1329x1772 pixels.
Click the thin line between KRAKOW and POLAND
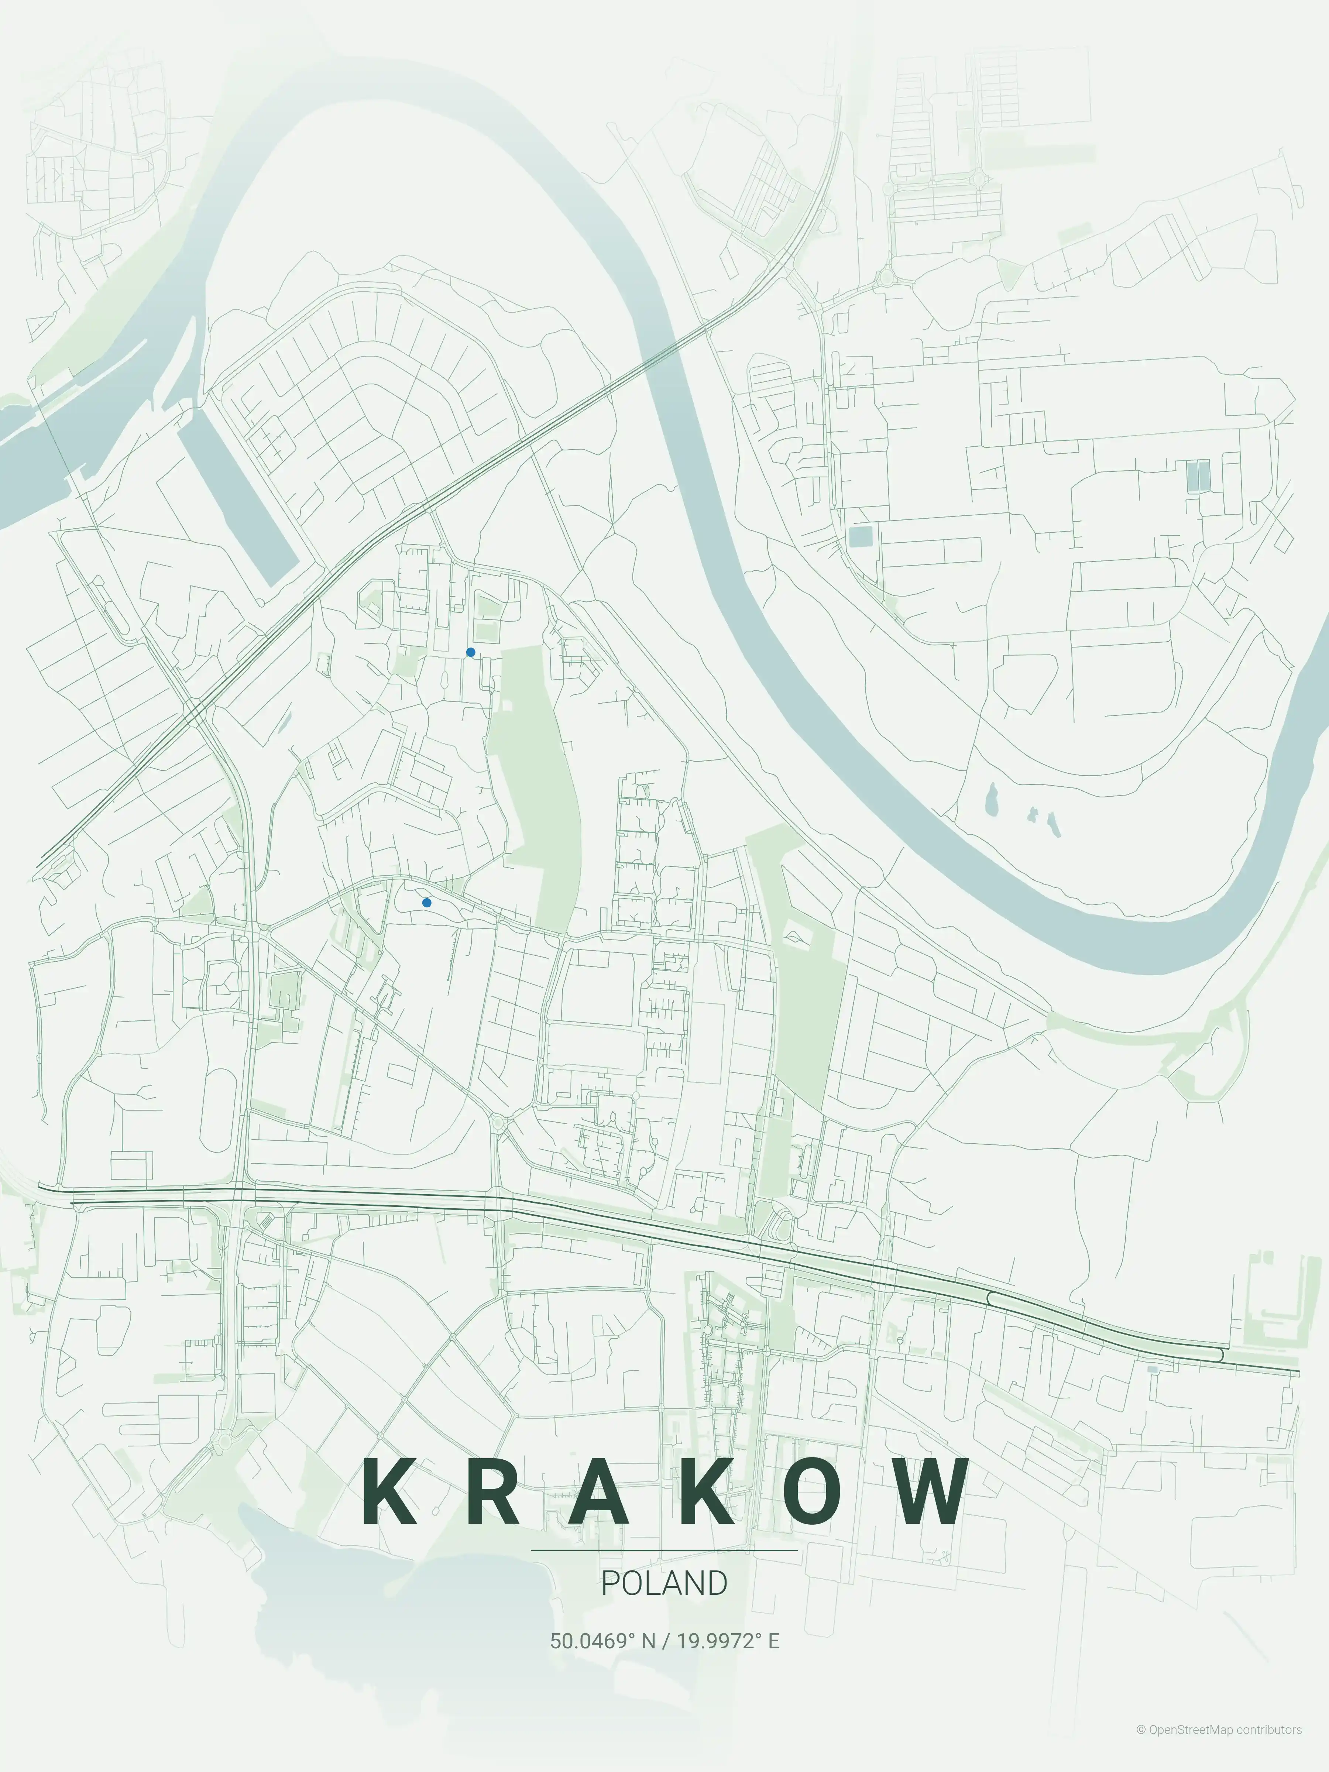[x=664, y=1550]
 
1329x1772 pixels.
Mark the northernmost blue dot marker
[x=470, y=652]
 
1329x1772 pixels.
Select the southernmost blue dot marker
[x=427, y=903]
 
